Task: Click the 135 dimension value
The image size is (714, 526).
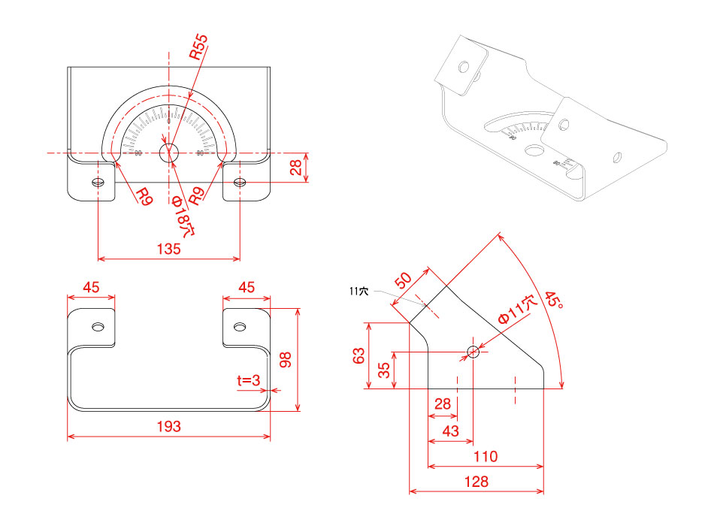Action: click(169, 249)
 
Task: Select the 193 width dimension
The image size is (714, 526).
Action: click(168, 427)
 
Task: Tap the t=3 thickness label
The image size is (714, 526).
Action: click(248, 381)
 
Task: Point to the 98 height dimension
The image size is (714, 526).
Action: click(286, 359)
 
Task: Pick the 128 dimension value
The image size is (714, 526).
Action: click(477, 482)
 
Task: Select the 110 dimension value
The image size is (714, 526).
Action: click(486, 456)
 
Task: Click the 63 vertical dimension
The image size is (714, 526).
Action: click(359, 355)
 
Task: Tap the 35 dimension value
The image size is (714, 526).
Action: click(384, 370)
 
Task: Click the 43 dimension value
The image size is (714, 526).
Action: click(450, 430)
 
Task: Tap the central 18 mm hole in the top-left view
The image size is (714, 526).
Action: click(168, 153)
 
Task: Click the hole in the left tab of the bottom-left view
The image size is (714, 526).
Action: click(98, 327)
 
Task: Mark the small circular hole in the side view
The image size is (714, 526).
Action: click(473, 351)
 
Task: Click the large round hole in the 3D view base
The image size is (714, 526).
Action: click(534, 150)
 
